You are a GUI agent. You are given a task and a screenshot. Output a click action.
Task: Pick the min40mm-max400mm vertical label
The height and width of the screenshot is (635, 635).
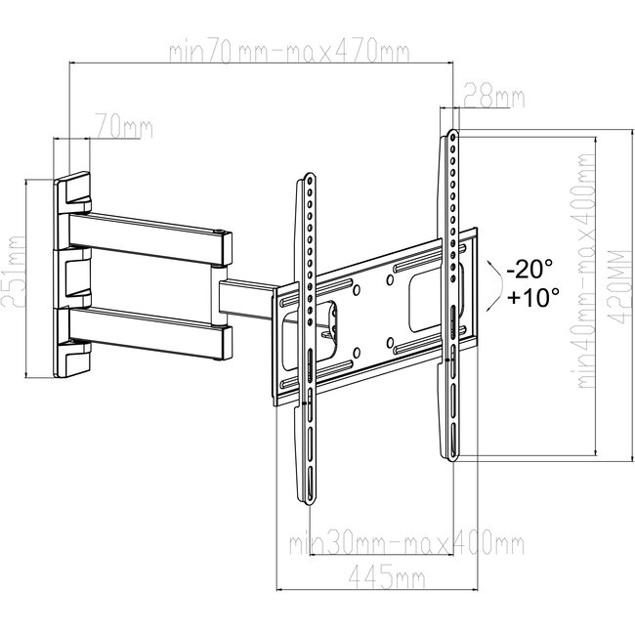pyautogui.click(x=585, y=277)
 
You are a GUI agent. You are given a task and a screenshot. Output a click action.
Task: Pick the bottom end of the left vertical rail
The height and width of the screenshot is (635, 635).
pyautogui.click(x=308, y=498)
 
